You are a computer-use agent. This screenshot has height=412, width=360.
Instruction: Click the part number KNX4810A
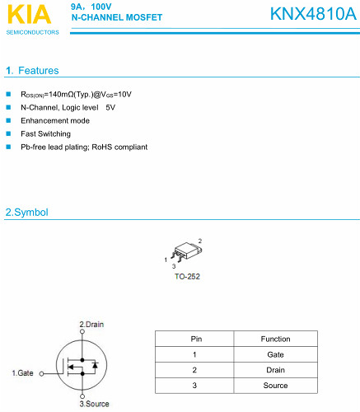(x=313, y=14)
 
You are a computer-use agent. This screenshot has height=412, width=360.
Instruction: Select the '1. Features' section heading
(x=32, y=71)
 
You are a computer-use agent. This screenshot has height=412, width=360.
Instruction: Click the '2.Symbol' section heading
(x=26, y=213)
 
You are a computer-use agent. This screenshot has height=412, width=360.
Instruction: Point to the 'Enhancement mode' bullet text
(x=55, y=120)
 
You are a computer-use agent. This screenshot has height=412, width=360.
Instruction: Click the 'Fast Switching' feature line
(x=45, y=133)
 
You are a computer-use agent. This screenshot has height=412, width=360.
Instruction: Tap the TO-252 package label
(x=187, y=276)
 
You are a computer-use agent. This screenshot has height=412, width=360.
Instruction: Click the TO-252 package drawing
(x=186, y=252)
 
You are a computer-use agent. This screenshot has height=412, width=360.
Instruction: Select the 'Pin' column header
(x=195, y=339)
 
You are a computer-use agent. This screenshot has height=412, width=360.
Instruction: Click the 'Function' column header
(x=275, y=339)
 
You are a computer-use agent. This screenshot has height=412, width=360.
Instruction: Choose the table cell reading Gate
(x=275, y=354)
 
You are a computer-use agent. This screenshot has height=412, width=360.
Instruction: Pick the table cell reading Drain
(x=275, y=370)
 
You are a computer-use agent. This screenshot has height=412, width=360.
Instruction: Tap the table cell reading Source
(x=275, y=386)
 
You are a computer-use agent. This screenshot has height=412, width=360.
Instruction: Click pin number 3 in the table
(x=195, y=386)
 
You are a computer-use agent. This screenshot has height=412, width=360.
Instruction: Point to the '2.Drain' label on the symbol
(x=91, y=324)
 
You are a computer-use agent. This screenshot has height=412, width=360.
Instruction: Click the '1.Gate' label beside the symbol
(x=23, y=373)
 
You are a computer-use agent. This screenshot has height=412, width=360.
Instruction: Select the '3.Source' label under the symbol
(x=94, y=405)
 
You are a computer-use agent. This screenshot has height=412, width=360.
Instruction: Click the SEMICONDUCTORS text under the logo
(x=32, y=32)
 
